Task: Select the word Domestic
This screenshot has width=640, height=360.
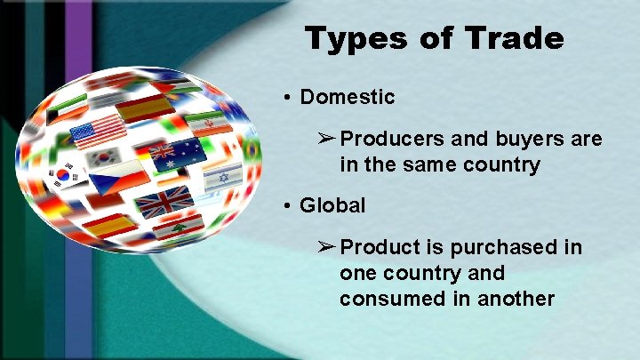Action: pyautogui.click(x=348, y=96)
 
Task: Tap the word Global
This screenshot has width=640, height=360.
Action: pyautogui.click(x=332, y=205)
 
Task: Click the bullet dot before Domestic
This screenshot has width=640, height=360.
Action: pyautogui.click(x=289, y=97)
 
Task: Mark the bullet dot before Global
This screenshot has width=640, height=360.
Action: pyautogui.click(x=289, y=206)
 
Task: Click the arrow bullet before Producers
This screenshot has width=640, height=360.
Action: pyautogui.click(x=326, y=140)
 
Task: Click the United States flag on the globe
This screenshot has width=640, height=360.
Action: pyautogui.click(x=99, y=132)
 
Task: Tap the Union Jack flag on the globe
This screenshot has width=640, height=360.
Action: pyautogui.click(x=159, y=202)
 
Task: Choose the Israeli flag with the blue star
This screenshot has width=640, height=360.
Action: pyautogui.click(x=222, y=176)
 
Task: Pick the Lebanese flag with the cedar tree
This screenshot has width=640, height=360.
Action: pyautogui.click(x=179, y=228)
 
